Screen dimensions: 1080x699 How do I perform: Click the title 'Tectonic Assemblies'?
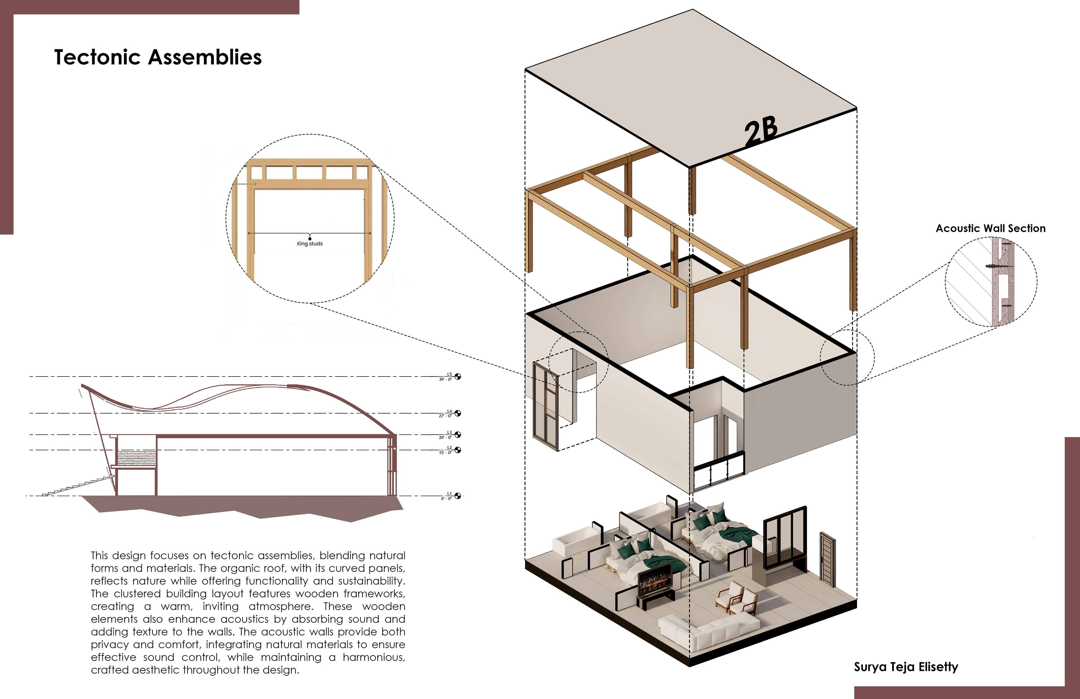click(x=158, y=57)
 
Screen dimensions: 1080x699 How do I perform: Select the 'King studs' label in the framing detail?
click(x=310, y=244)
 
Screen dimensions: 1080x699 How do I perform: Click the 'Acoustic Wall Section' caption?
click(x=990, y=228)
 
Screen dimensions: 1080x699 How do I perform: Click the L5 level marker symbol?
click(x=458, y=376)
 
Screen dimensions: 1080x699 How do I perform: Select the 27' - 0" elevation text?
click(x=445, y=416)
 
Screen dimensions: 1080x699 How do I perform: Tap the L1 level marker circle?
click(x=458, y=496)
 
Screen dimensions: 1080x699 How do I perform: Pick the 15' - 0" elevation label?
click(x=445, y=452)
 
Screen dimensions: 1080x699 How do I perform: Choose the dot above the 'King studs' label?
click(x=310, y=238)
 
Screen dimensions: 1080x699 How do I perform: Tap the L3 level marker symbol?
click(x=458, y=434)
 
